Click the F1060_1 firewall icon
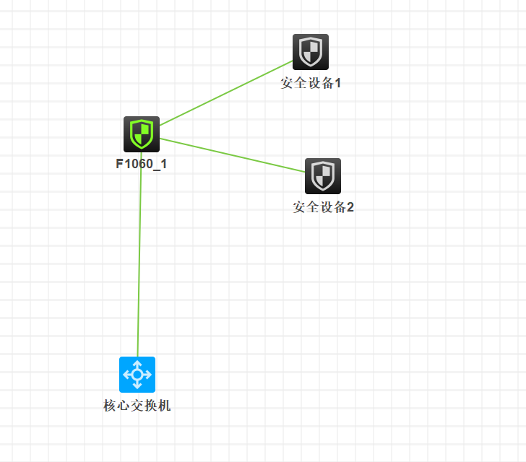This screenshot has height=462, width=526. point(141,134)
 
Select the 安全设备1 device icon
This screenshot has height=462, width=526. point(311,52)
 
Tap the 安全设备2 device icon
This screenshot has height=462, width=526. point(322,176)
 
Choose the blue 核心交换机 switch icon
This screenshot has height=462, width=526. point(137,374)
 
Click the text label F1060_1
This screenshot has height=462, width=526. point(142,164)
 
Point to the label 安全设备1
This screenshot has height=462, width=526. point(311,83)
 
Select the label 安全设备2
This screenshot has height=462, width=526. point(323,208)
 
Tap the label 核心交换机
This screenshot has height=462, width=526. point(137,406)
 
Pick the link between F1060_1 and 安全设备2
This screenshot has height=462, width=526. point(231,154)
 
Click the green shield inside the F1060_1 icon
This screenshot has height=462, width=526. point(141,134)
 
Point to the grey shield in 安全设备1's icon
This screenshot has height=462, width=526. point(311,51)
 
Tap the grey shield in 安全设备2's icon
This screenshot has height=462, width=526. point(322,175)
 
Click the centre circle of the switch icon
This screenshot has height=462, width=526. point(137,374)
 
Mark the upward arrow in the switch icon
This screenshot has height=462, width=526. point(137,363)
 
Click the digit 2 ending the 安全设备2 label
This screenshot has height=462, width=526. point(350,208)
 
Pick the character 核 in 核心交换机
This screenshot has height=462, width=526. point(110,406)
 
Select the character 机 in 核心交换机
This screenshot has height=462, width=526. point(165,406)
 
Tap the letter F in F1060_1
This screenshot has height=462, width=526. point(119,164)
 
